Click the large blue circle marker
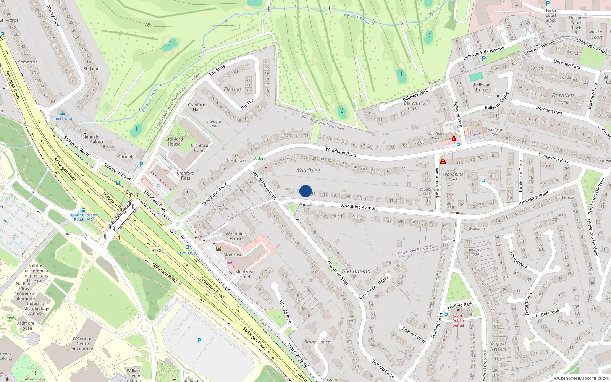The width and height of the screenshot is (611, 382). click(x=305, y=191)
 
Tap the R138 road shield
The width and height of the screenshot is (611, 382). click(x=156, y=251)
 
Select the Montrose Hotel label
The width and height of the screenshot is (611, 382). click(x=244, y=274)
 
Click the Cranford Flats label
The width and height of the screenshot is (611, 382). click(x=186, y=175)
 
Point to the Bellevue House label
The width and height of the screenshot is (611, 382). click(x=482, y=87)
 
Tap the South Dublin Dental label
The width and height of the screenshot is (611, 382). click(x=458, y=321)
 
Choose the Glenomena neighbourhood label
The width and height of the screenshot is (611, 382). click(x=356, y=271)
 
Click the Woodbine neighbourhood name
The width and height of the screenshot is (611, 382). click(x=308, y=170)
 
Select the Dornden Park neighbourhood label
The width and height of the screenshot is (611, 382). click(x=563, y=99)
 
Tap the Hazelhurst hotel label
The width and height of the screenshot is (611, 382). click(x=63, y=118)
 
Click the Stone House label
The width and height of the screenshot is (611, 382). click(x=317, y=342)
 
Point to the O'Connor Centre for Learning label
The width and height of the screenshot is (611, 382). click(x=82, y=344)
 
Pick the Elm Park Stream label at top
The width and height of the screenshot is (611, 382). click(x=357, y=18)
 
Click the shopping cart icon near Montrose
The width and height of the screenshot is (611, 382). click(x=230, y=263)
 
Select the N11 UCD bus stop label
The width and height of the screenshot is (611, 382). click(x=188, y=253)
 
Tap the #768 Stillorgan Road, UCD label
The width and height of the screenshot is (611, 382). click(x=84, y=217)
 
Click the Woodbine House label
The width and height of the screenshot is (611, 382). click(x=236, y=236)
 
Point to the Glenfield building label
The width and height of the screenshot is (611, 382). click(x=91, y=137)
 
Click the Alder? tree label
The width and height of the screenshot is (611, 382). click(x=260, y=159)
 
